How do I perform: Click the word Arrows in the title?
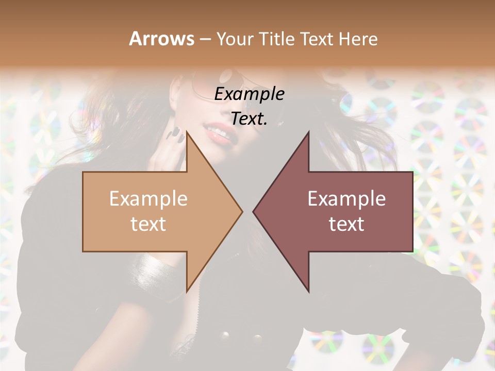161,39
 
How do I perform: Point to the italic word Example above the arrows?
249,94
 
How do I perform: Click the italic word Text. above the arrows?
249,119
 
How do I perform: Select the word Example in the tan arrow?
148,198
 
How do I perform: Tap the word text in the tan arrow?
148,224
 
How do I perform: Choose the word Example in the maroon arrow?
346,198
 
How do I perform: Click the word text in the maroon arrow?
346,224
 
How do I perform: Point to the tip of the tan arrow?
242,211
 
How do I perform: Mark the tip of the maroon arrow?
254,211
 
